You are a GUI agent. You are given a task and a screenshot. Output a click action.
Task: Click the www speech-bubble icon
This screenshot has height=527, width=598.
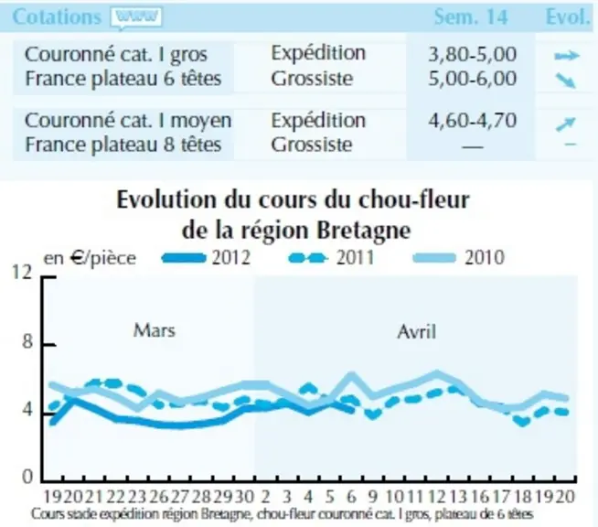136,17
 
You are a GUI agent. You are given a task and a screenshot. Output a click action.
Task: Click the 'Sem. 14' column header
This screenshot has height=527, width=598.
471,17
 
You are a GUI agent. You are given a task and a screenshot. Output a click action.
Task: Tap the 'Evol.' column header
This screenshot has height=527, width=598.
568,16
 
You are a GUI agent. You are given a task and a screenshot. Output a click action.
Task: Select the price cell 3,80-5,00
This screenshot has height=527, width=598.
472,54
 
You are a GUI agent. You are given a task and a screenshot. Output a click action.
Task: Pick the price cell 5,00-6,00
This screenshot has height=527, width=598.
472,79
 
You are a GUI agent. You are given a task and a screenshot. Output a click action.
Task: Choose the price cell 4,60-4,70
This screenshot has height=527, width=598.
472,120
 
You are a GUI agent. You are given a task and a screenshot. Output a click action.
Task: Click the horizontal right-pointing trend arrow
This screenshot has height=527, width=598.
567,56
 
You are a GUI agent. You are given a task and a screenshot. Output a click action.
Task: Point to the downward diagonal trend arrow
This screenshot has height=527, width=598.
566,81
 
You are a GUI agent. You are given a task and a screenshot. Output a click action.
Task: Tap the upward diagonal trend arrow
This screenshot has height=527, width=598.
566,124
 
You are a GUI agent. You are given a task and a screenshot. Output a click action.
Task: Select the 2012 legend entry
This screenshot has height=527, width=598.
207,258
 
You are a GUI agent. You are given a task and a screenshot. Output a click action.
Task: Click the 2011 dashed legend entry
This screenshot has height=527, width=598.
331,258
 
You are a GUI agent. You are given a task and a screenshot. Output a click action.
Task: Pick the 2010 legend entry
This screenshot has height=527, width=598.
459,258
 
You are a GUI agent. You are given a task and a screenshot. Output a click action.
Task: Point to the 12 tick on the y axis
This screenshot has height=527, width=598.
22,272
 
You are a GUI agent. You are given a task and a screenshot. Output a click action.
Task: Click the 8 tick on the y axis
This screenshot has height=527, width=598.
27,341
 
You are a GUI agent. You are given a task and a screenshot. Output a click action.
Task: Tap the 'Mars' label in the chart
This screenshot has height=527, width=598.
155,330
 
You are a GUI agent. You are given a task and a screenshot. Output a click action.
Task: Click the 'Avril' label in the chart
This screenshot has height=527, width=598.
416,331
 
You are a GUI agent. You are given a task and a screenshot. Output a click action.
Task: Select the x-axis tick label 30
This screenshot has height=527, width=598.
244,497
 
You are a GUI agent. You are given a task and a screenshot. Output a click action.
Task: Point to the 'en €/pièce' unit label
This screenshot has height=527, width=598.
90,258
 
